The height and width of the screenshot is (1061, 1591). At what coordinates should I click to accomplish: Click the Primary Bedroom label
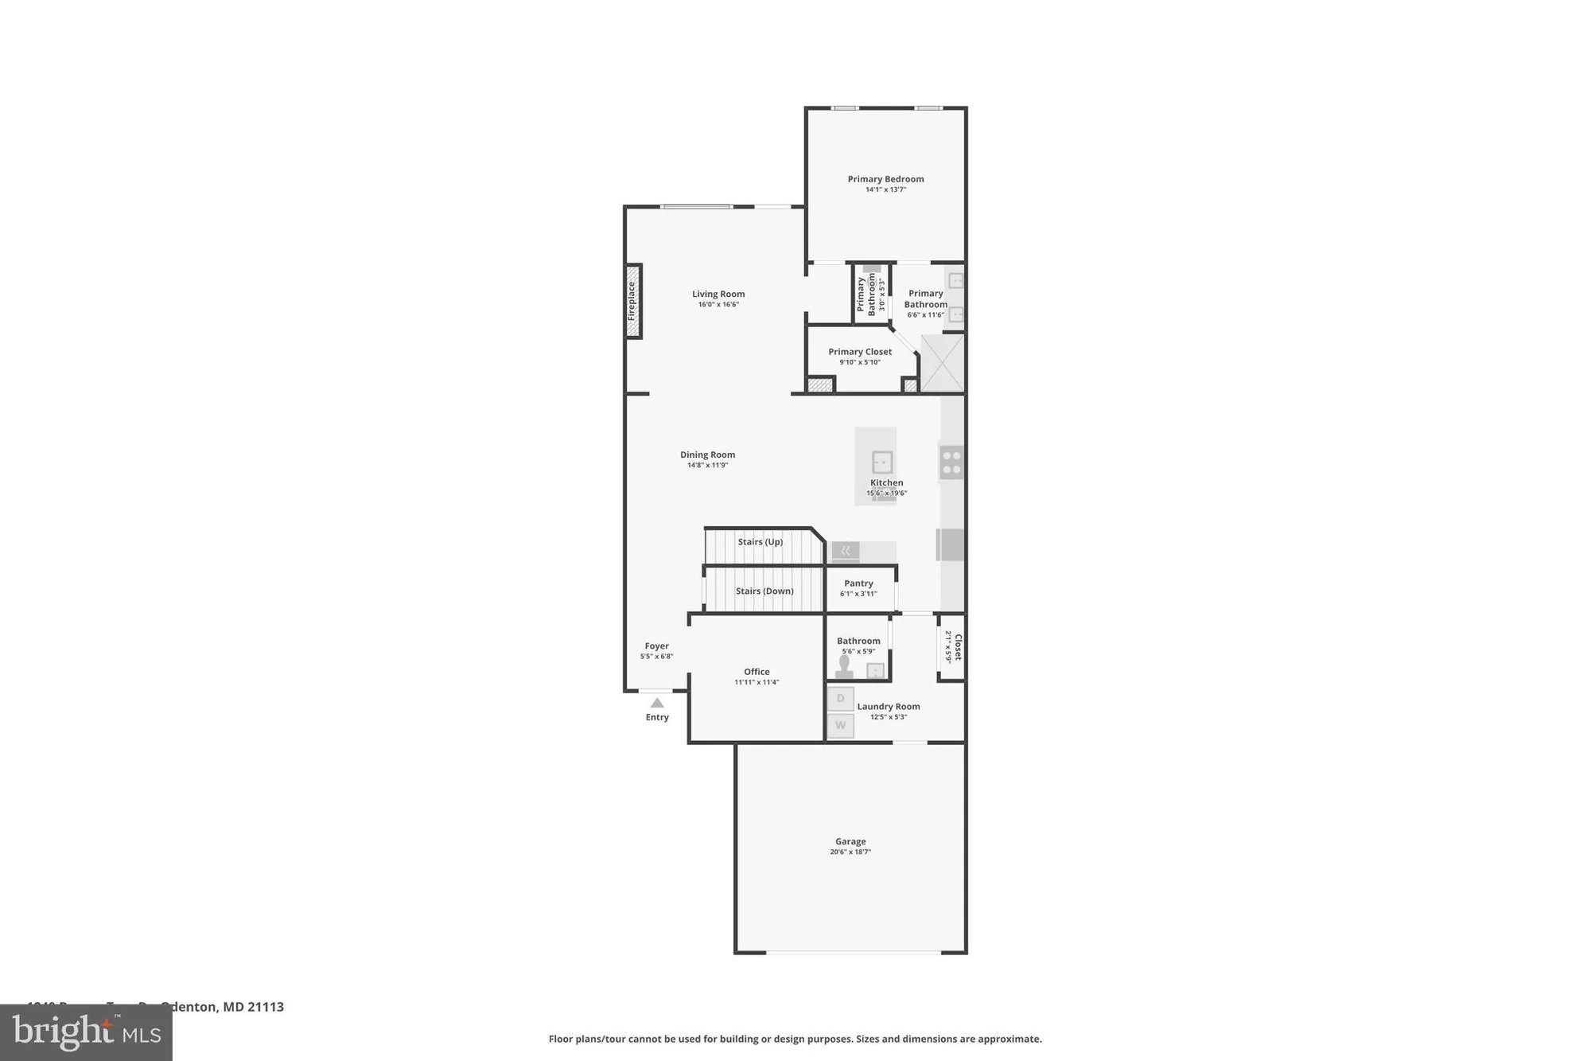(885, 179)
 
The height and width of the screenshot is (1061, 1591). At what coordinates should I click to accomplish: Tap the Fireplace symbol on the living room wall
(633, 301)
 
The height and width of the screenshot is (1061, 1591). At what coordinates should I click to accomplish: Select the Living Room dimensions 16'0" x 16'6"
(718, 305)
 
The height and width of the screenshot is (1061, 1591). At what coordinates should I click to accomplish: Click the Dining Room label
(707, 454)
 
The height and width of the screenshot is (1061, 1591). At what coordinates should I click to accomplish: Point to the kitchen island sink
(881, 462)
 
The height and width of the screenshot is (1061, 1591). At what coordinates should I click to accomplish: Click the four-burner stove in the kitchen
(951, 462)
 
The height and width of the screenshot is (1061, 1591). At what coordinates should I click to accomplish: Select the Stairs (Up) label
(760, 542)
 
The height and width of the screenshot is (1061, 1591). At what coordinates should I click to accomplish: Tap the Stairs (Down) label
(764, 591)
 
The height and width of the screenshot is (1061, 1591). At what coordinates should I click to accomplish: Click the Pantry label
(858, 583)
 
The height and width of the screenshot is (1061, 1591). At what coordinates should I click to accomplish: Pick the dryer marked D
(840, 699)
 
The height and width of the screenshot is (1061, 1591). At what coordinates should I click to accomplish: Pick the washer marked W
(840, 726)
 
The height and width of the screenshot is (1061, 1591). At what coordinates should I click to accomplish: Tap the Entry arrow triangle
(657, 703)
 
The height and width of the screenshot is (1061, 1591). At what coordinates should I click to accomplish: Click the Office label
(757, 672)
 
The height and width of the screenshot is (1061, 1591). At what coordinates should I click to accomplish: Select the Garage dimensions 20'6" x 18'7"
(850, 852)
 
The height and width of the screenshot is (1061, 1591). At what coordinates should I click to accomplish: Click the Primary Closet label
(859, 352)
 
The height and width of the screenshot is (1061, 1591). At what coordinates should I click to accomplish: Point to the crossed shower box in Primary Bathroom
(942, 363)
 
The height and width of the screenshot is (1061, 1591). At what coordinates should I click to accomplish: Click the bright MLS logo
(86, 1033)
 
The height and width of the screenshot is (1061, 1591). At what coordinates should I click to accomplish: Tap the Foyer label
(656, 646)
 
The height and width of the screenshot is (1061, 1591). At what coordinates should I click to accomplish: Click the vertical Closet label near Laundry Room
(959, 647)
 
